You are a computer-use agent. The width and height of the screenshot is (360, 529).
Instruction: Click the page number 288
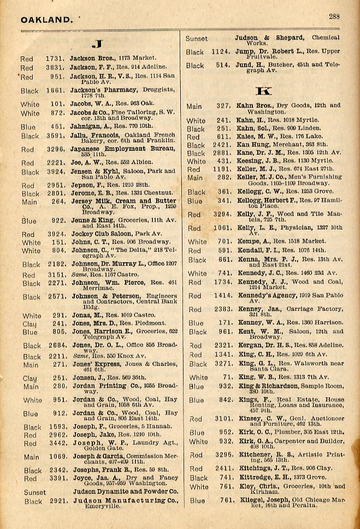pos(334,16)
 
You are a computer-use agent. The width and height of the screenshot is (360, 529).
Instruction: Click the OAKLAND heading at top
pos(46,20)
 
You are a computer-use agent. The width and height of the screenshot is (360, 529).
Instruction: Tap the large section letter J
pos(98,43)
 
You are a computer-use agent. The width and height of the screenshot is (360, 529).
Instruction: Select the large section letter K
pos(262,89)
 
